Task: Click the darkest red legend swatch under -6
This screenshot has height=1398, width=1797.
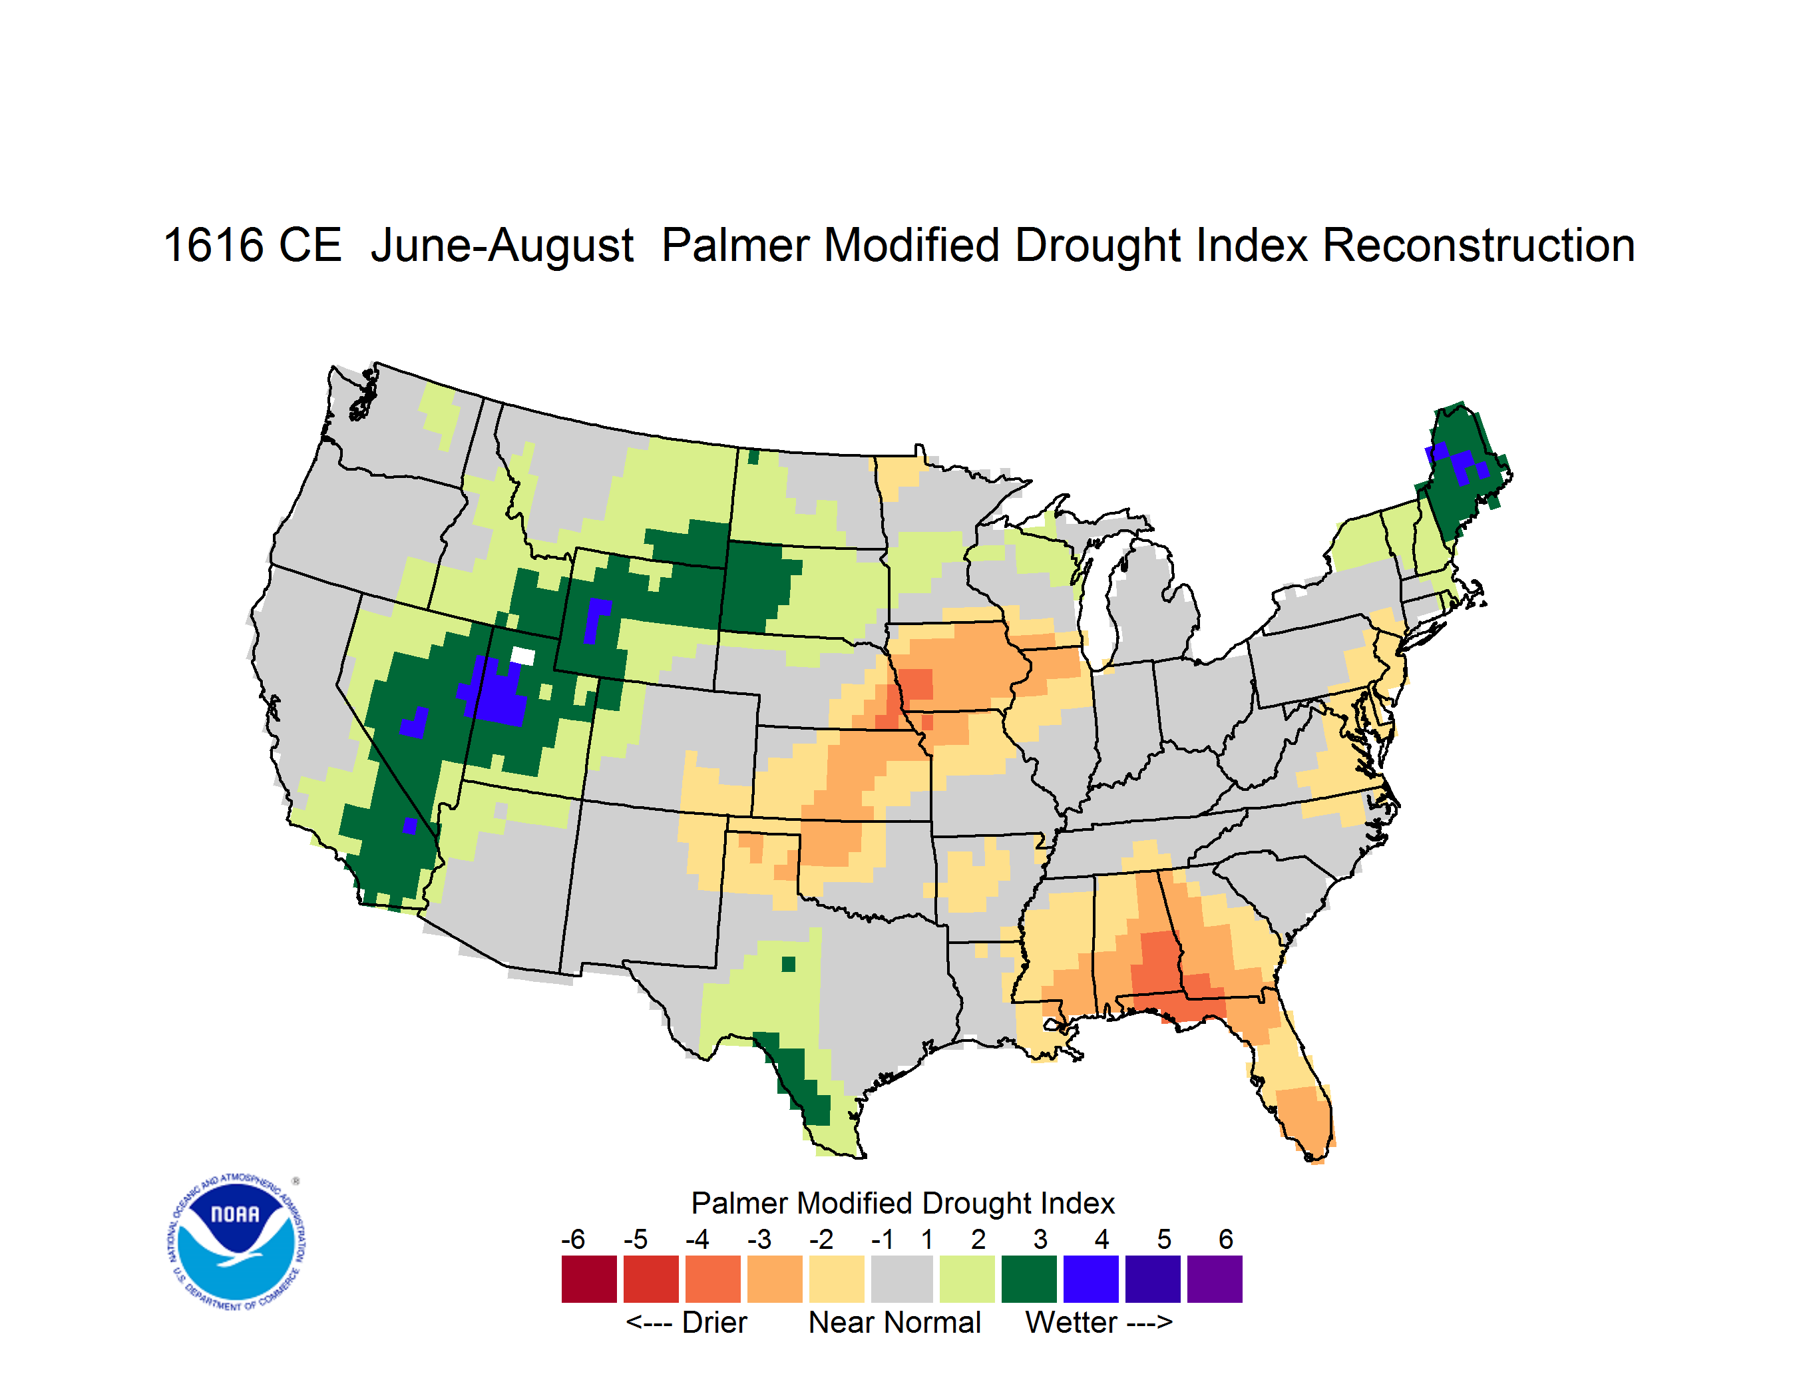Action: point(589,1279)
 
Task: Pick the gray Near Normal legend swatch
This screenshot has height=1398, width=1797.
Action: point(902,1279)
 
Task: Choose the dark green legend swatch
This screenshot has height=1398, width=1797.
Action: point(1028,1279)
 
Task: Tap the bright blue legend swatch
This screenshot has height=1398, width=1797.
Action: point(1091,1279)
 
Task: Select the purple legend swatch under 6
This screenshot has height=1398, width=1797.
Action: point(1215,1279)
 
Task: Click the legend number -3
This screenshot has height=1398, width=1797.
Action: point(759,1239)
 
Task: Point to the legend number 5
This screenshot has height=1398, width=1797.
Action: point(1163,1239)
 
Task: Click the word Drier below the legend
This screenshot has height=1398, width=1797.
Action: point(714,1322)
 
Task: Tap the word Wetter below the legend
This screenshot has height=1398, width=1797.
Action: point(1072,1322)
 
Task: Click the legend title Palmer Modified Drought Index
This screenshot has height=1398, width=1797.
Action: point(902,1203)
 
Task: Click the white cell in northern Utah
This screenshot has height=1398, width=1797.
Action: point(522,656)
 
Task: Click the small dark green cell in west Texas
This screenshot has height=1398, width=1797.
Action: point(788,963)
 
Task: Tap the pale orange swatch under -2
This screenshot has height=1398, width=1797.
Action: point(837,1279)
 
